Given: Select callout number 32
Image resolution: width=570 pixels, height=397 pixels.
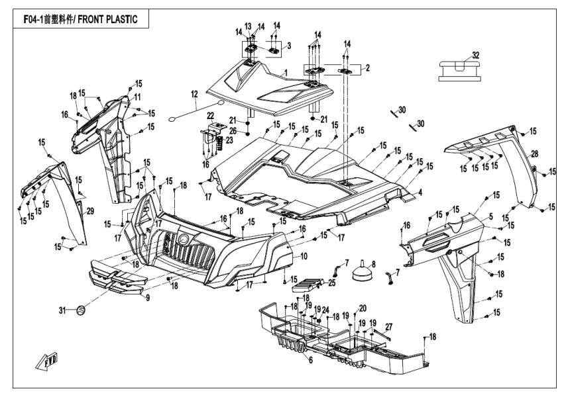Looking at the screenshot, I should (x=476, y=54).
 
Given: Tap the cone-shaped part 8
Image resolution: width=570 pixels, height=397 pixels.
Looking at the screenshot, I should (x=364, y=271).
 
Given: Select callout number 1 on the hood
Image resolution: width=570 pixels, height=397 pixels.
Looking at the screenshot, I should (x=284, y=71).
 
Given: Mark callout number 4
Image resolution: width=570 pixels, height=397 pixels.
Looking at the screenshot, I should (x=420, y=193).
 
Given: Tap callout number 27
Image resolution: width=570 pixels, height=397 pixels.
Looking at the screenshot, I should (x=389, y=326).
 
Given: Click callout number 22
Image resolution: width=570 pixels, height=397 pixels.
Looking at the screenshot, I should (x=211, y=115).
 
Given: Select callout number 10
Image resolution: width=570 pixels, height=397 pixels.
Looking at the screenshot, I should (x=304, y=255).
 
